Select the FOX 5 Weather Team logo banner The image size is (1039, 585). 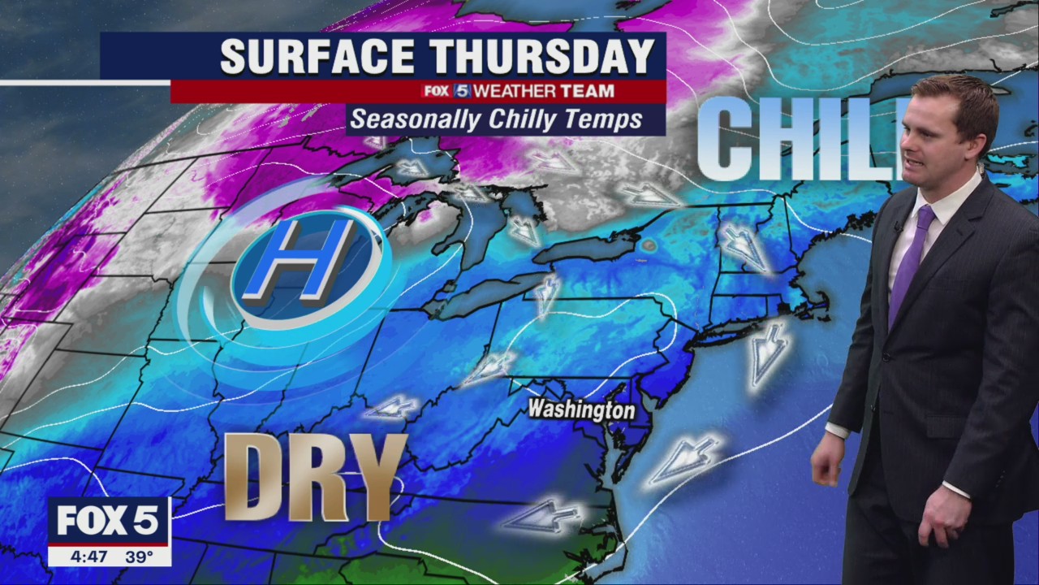517,91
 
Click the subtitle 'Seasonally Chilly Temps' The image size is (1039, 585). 496,120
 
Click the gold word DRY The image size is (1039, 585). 315,478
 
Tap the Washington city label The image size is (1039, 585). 580,409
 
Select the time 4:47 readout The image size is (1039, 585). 86,557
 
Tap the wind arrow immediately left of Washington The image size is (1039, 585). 489,367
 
